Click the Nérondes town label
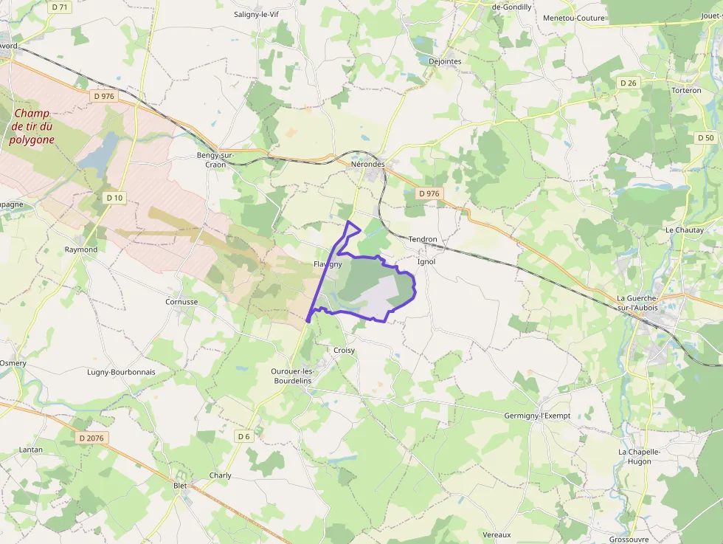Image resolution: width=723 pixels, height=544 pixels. pyautogui.click(x=368, y=164)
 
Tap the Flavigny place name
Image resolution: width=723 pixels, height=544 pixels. pyautogui.click(x=328, y=264)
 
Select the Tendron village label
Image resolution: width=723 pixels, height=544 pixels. pyautogui.click(x=423, y=239)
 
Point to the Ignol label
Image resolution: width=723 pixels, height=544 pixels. pyautogui.click(x=426, y=261)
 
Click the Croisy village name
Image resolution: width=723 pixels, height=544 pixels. pyautogui.click(x=344, y=351)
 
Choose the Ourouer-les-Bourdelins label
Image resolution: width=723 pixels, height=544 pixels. pyautogui.click(x=291, y=375)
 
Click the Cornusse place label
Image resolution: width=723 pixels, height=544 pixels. pyautogui.click(x=181, y=302)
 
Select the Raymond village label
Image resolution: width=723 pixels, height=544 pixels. pyautogui.click(x=81, y=249)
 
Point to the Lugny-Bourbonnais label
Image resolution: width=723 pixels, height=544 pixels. pyautogui.click(x=121, y=372)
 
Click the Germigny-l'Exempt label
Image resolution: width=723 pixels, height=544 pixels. pyautogui.click(x=537, y=416)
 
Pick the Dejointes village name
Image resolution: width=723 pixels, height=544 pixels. pyautogui.click(x=445, y=61)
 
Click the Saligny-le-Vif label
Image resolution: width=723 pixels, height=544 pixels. pyautogui.click(x=258, y=14)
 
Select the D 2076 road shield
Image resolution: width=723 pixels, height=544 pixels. pyautogui.click(x=93, y=438)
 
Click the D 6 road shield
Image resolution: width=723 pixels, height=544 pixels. pyautogui.click(x=243, y=436)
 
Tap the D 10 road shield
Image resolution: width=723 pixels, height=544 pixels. pyautogui.click(x=114, y=197)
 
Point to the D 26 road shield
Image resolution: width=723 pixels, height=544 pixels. pyautogui.click(x=628, y=83)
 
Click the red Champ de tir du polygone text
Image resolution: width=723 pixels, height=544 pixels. pyautogui.click(x=33, y=126)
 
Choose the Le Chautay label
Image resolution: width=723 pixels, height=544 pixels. pyautogui.click(x=685, y=230)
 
